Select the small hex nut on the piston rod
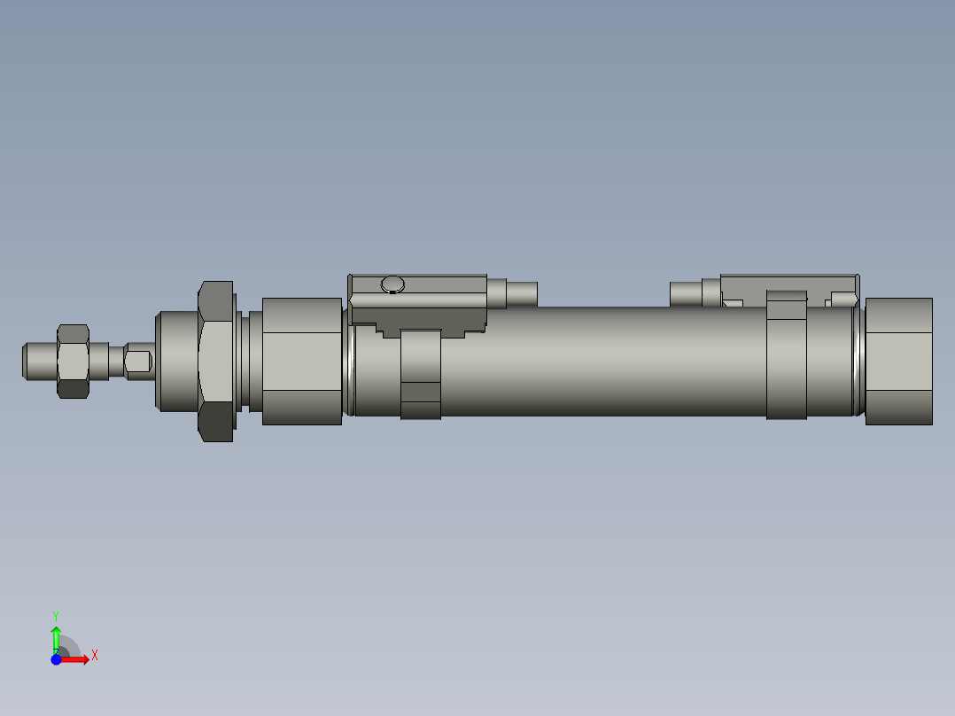click(x=73, y=361)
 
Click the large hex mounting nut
click(x=215, y=361)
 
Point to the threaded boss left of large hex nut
click(x=175, y=361)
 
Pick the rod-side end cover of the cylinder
click(x=302, y=361)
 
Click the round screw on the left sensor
click(x=392, y=284)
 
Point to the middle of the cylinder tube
click(x=602, y=361)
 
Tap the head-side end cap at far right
click(x=898, y=361)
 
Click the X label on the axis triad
click(x=95, y=656)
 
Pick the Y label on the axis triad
click(x=55, y=615)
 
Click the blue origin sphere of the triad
click(x=56, y=659)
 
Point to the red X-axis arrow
click(x=76, y=659)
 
